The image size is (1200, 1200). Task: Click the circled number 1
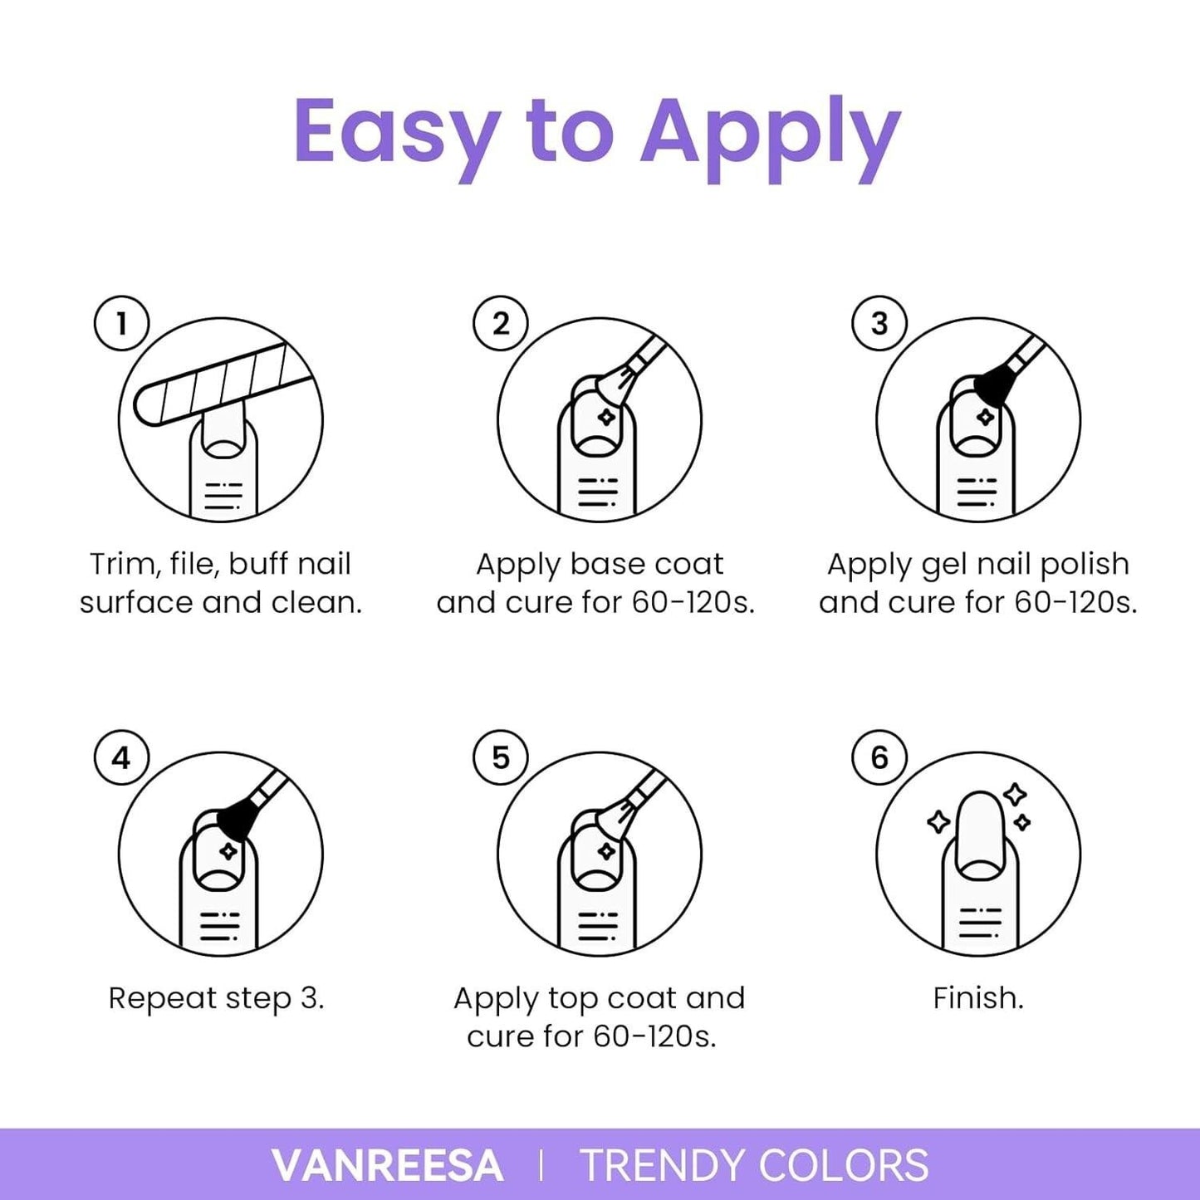pos(121,323)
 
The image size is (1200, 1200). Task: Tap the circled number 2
pos(501,323)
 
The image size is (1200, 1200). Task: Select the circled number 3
pos(879,323)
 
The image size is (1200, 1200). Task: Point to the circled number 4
pos(121,758)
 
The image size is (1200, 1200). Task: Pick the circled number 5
pos(501,758)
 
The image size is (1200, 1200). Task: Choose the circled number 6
pos(879,758)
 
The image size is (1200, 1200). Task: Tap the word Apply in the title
pos(771,138)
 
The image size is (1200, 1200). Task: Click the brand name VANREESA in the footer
pos(387,1165)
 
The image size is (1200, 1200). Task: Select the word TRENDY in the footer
pos(664,1165)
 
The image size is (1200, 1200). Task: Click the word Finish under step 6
pos(978,998)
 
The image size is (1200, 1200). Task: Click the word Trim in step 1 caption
pos(122,565)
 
